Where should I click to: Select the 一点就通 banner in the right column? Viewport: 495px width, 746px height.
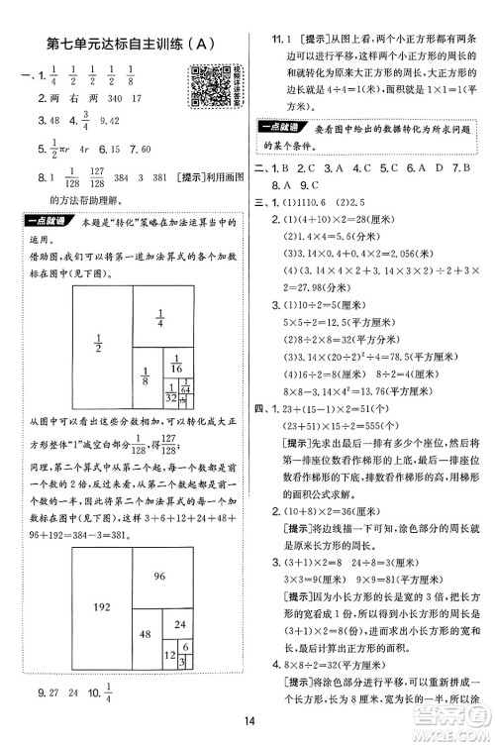(x=287, y=126)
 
